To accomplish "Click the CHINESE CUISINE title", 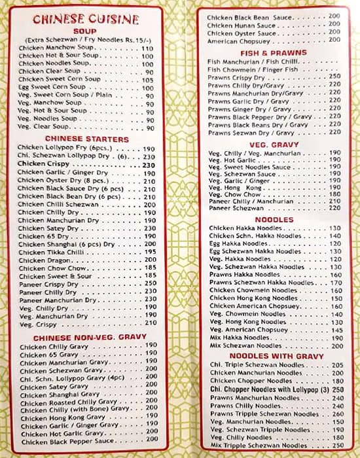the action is [85, 20].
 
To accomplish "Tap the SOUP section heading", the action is [85, 31].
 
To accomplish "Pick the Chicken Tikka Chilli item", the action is [50, 252].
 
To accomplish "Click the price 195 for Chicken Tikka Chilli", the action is [150, 252].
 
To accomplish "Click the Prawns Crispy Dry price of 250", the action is [335, 76].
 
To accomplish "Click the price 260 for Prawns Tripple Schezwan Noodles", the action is [337, 414].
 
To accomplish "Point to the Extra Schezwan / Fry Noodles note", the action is [85, 40].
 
